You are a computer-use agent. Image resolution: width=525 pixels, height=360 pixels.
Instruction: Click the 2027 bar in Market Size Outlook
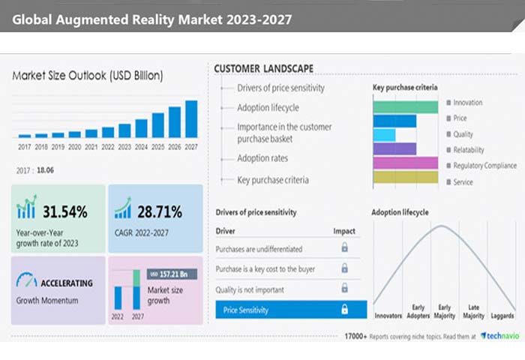(x=191, y=118)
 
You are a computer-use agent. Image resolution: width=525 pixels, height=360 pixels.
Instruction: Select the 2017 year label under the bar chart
(x=25, y=147)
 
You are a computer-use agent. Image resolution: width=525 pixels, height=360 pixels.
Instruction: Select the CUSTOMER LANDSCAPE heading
(x=263, y=69)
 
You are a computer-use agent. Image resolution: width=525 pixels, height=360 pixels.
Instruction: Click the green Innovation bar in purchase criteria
(x=405, y=106)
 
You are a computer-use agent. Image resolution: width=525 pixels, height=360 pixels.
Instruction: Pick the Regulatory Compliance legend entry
(x=484, y=165)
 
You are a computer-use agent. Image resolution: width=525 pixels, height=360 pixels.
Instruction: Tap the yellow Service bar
(x=405, y=177)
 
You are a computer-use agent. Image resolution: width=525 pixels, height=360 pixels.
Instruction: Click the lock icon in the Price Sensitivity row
(x=345, y=309)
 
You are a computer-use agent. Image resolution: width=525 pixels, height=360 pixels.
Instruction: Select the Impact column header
(x=344, y=231)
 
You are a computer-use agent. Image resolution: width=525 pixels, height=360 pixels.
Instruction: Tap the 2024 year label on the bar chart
(x=141, y=147)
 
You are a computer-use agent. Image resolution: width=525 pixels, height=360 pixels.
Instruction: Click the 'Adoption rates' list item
(x=262, y=158)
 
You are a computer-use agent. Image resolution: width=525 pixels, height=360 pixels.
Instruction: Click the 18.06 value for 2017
(x=46, y=170)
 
